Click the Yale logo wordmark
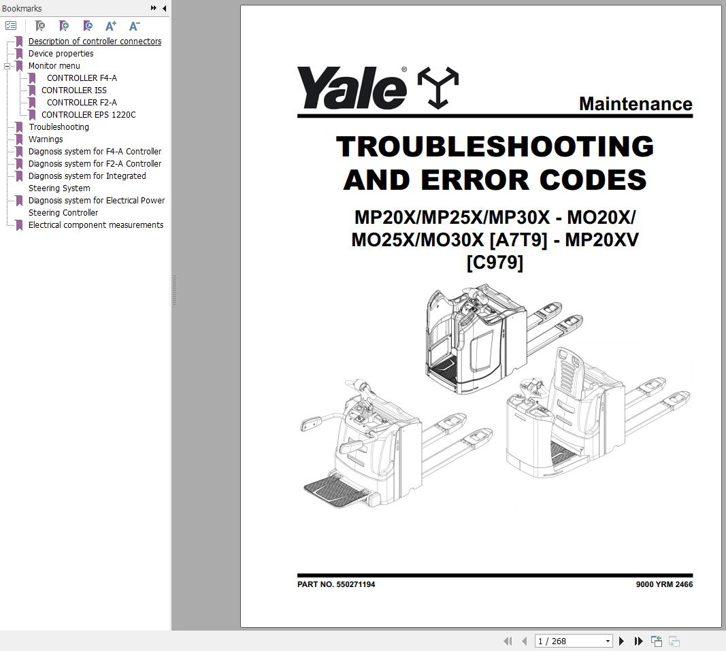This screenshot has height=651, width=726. point(351,88)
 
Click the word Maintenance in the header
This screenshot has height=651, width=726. point(635,104)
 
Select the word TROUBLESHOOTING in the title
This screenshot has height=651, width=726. point(495,147)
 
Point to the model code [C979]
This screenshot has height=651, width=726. point(495,262)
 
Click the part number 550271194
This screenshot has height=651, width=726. point(355,584)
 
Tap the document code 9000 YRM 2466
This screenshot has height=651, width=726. point(664,584)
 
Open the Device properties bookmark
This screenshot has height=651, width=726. point(61,54)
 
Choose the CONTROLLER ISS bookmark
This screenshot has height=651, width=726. point(73,90)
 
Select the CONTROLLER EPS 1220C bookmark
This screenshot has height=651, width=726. point(88,115)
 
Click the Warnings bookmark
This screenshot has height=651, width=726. point(46,139)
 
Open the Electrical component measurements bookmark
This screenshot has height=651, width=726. point(95,225)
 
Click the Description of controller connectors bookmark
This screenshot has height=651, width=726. point(95,41)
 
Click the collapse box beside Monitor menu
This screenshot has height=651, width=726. point(7,66)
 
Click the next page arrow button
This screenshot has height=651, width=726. point(621,641)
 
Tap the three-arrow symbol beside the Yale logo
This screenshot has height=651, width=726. point(437,88)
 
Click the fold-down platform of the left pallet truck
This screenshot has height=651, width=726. point(335,489)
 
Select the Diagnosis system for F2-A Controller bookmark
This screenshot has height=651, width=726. point(95,164)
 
